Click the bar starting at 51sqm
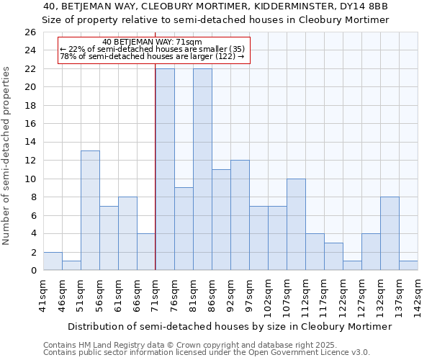pyautogui.click(x=90, y=210)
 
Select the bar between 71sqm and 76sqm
pyautogui.click(x=165, y=169)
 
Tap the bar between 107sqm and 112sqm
pyautogui.click(x=296, y=224)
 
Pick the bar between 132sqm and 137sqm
pyautogui.click(x=390, y=233)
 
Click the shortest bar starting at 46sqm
pyautogui.click(x=71, y=266)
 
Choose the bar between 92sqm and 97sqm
pyautogui.click(x=240, y=215)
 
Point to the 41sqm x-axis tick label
pyautogui.click(x=43, y=294)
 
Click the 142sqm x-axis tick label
pyautogui.click(x=418, y=294)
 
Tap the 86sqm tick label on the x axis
pyautogui.click(x=212, y=294)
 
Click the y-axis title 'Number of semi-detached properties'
pyautogui.click(x=7, y=156)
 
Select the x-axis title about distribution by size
pyautogui.click(x=222, y=326)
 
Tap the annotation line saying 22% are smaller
pyautogui.click(x=153, y=49)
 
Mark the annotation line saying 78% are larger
pyautogui.click(x=153, y=56)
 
